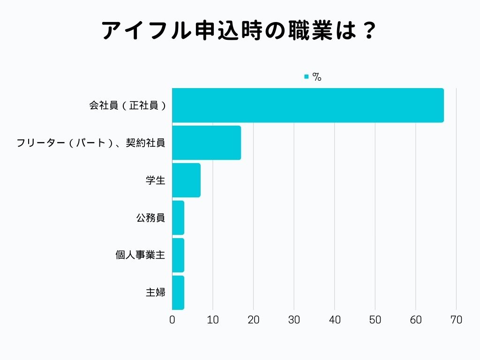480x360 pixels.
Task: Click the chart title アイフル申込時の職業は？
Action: point(240,31)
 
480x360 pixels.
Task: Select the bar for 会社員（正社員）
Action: point(307,105)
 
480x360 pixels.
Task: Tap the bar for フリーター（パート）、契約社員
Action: point(206,143)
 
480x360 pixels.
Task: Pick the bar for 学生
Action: point(186,180)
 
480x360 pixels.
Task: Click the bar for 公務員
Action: point(178,218)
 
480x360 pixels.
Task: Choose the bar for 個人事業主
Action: point(178,255)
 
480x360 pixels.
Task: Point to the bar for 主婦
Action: point(178,293)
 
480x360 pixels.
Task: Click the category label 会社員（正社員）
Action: point(127,105)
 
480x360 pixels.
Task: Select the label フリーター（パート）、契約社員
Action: point(90,143)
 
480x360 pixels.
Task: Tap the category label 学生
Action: point(155,180)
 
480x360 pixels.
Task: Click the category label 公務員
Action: point(150,218)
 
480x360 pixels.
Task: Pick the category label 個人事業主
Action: point(140,255)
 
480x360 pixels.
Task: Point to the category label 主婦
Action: point(155,293)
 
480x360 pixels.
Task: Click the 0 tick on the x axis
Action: point(172,320)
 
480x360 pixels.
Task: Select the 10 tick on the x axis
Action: point(213,320)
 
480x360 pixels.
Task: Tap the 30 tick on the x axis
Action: point(294,320)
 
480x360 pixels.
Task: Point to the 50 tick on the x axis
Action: point(375,320)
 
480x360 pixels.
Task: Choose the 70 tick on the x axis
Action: point(456,320)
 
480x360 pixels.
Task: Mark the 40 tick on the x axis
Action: point(335,320)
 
